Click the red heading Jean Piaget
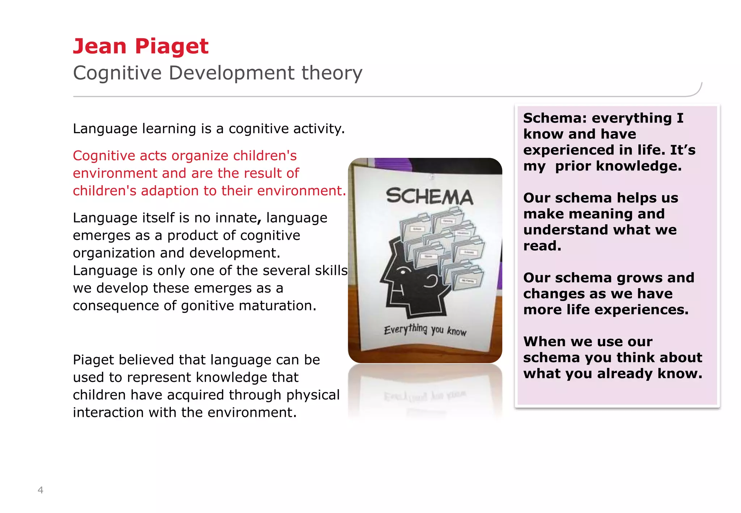coord(141,46)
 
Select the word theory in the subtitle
coord(332,73)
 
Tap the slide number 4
coord(41,490)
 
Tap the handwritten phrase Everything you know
coord(425,330)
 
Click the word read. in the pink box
coord(542,246)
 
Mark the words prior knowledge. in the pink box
coord(618,166)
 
